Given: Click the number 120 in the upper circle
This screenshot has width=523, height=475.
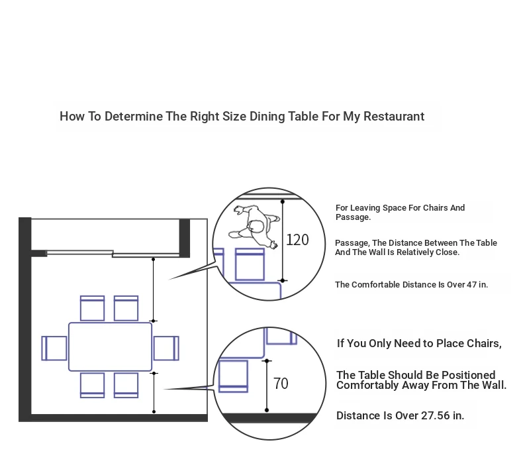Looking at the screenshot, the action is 297,240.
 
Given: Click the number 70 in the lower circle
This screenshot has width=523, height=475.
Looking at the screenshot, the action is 281,383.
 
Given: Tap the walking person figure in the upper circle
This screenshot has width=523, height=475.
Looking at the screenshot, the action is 254,227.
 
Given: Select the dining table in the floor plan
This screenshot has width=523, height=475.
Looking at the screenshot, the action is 110,346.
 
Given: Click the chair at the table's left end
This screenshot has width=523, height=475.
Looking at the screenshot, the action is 54,348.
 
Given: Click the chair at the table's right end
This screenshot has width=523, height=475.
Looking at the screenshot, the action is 166,348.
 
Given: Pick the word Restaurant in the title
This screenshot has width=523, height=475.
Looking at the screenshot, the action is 394,116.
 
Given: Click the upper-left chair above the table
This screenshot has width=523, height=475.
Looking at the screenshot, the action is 93,308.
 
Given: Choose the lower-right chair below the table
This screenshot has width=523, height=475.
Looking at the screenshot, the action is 126,385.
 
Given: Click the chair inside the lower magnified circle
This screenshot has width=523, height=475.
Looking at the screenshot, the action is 233,376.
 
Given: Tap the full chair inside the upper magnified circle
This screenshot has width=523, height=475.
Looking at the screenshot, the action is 250,264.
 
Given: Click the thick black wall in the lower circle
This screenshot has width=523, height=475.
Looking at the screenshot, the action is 269,418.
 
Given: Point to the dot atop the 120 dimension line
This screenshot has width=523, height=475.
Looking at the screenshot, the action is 283,201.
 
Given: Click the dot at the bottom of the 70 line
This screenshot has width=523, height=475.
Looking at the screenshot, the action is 267,410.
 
